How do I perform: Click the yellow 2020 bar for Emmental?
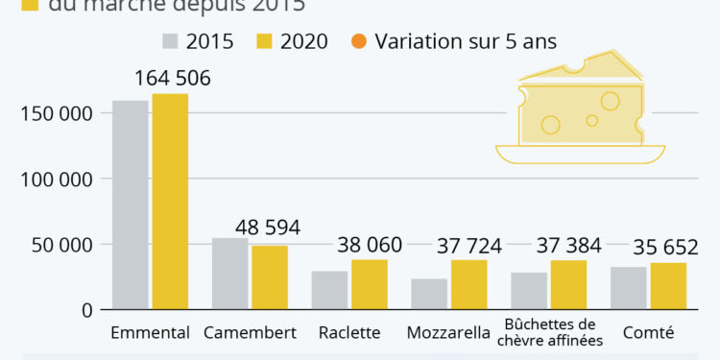170,202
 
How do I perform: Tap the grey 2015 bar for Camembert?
229,274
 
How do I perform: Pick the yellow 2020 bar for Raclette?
370,284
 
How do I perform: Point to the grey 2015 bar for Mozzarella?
429,294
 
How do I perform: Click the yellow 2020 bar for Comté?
668,285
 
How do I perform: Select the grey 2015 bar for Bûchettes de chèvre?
528,291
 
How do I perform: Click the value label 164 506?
173,79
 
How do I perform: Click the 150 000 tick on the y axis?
56,114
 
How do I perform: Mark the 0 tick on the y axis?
86,310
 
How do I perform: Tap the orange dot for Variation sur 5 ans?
359,41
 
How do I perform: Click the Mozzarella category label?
448,334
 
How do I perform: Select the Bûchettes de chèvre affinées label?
549,332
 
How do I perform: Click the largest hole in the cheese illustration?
611,100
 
